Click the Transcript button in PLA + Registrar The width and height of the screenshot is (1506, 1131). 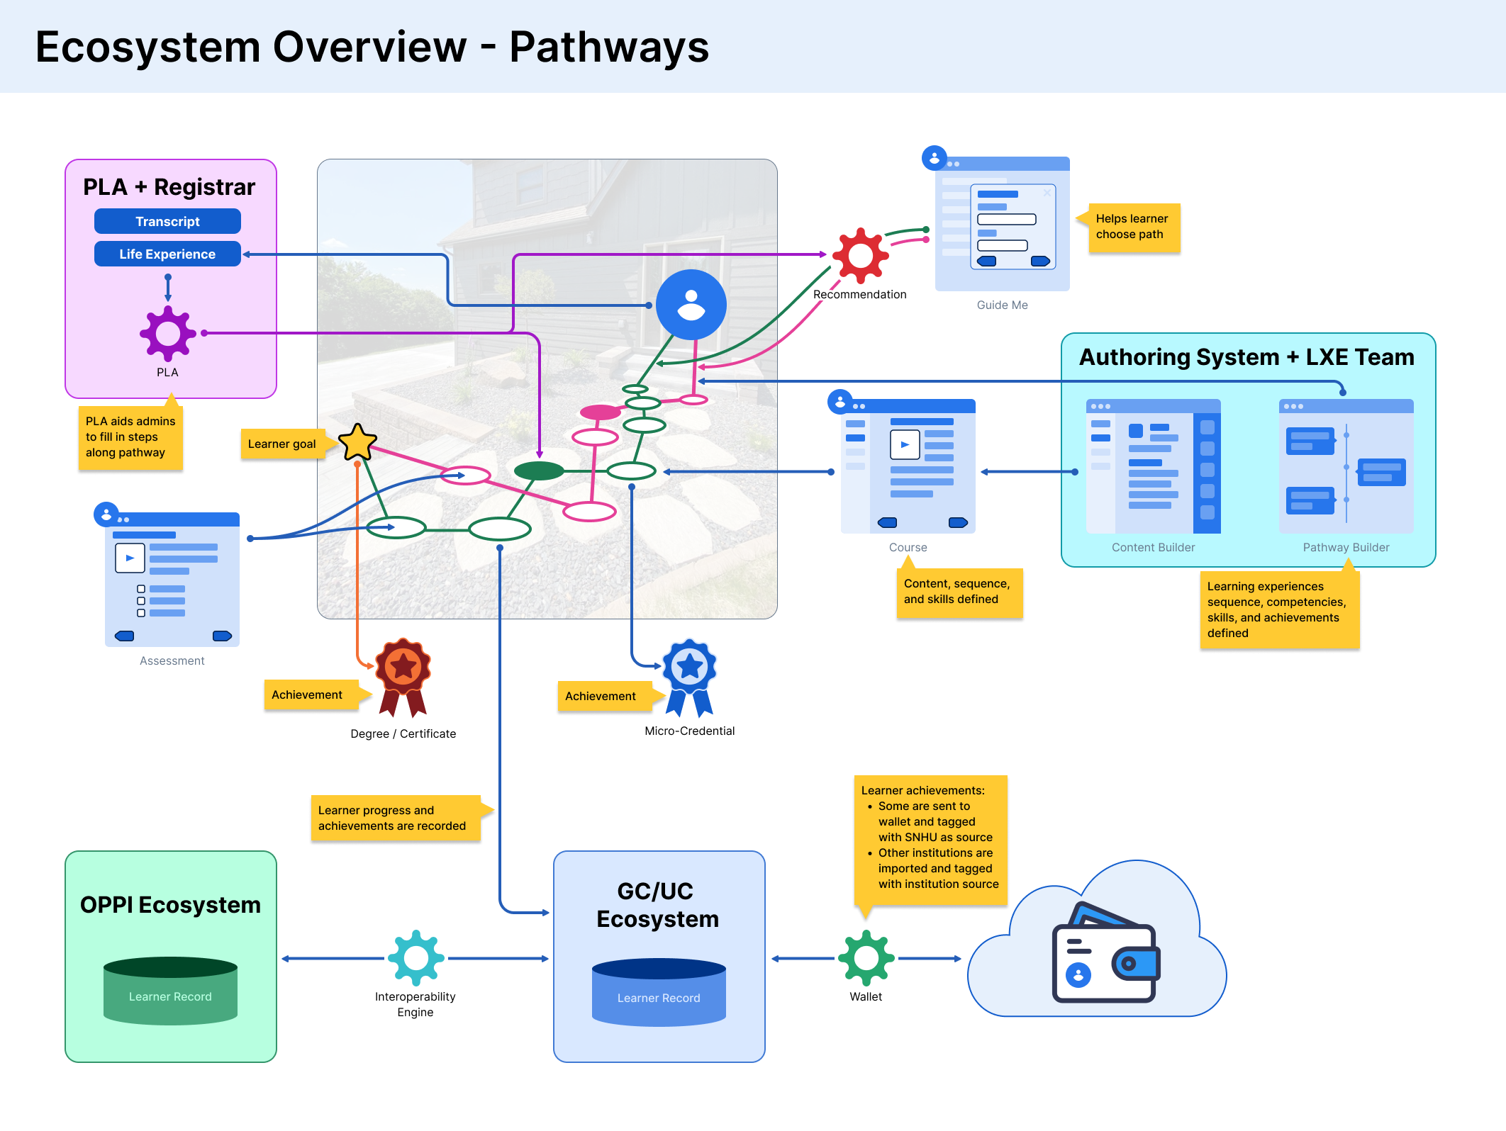click(167, 221)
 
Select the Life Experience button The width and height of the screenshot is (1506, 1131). click(167, 254)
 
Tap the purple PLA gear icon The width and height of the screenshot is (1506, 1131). click(167, 333)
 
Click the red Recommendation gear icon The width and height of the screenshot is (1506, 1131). click(860, 255)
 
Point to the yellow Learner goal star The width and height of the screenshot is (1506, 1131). click(357, 442)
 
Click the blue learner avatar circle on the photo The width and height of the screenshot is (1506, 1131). click(691, 305)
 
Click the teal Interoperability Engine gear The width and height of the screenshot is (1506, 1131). click(415, 958)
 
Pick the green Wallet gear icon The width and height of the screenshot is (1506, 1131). click(866, 958)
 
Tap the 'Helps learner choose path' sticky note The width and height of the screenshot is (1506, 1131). click(1133, 227)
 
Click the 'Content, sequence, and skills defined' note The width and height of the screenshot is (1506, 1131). click(959, 592)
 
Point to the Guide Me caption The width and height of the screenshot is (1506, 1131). click(1002, 305)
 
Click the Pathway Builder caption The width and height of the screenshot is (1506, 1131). click(1346, 547)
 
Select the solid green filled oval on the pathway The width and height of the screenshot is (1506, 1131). click(539, 471)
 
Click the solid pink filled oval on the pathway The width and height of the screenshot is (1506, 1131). click(600, 412)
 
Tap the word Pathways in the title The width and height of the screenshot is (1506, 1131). click(608, 47)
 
